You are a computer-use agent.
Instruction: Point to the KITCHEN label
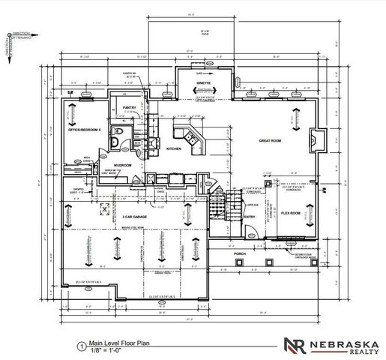(174, 148)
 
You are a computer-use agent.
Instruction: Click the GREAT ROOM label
(270, 140)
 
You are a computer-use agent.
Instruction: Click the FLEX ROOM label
(291, 212)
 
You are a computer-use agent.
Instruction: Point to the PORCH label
(240, 253)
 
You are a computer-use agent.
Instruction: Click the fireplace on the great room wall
(317, 140)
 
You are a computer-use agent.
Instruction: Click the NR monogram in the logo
(295, 346)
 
